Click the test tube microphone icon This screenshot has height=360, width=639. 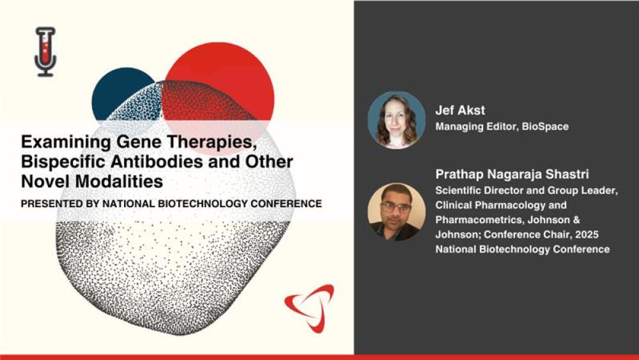click(x=45, y=51)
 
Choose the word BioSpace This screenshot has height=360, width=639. click(x=546, y=126)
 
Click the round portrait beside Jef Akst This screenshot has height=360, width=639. click(x=396, y=120)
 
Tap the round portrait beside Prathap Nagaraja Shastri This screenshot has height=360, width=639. click(x=396, y=212)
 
